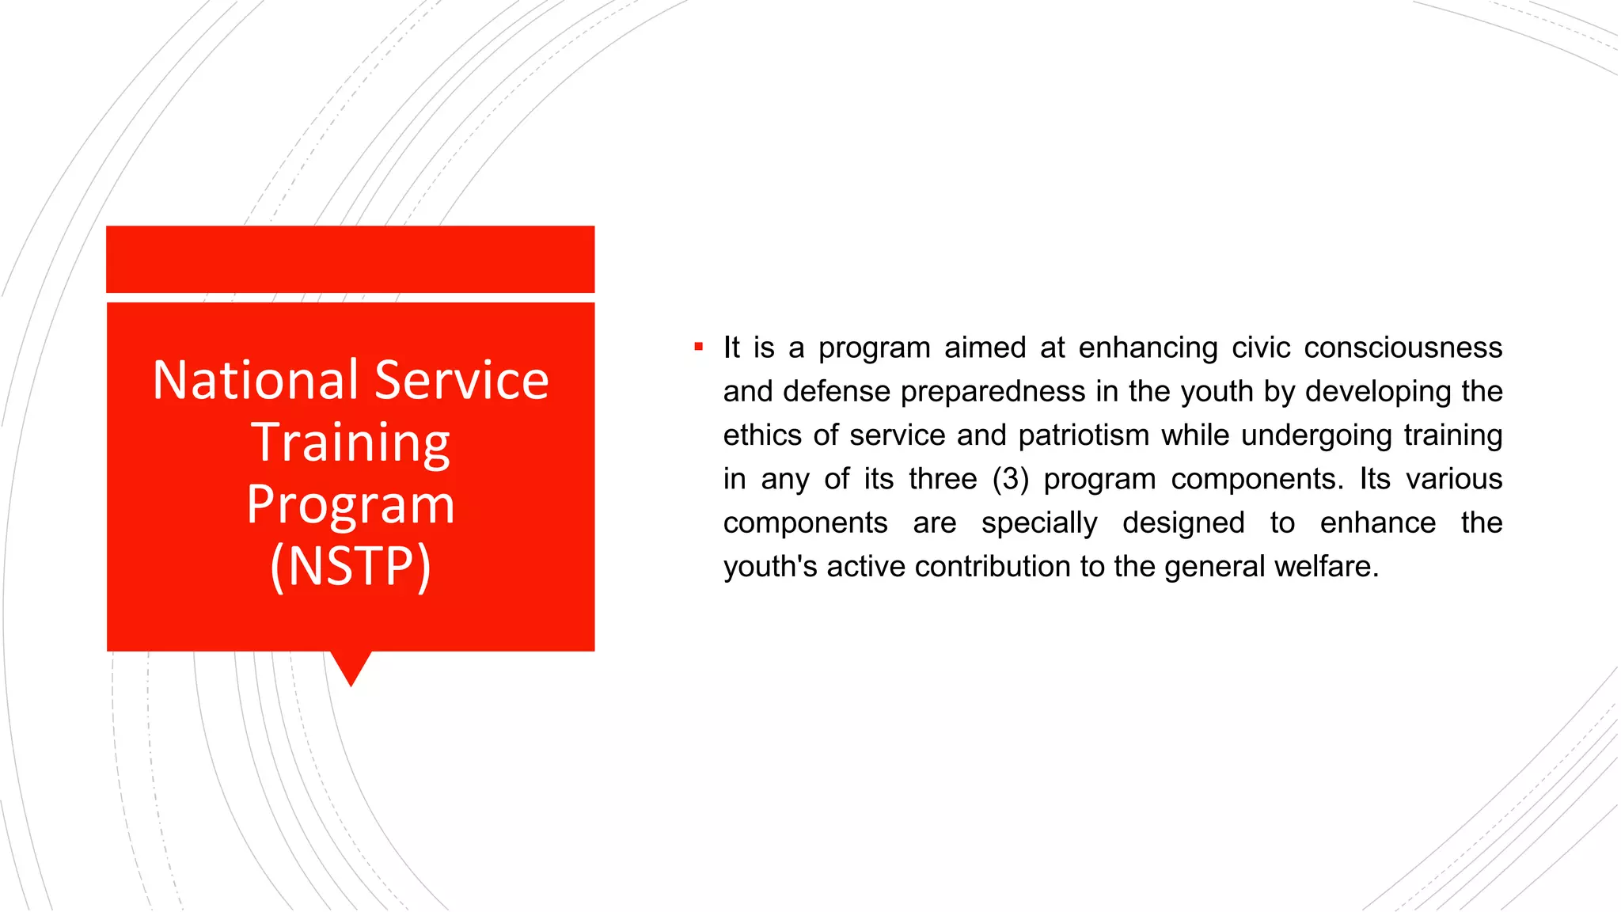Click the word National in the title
click(256, 380)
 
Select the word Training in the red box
click(351, 443)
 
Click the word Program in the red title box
click(351, 505)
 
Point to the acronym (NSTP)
click(351, 566)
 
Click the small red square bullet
click(698, 347)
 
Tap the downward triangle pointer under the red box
click(351, 667)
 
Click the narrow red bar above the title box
click(351, 259)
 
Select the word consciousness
click(1403, 348)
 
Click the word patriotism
click(1084, 435)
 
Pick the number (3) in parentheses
click(1011, 480)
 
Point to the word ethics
click(762, 435)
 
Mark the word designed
click(1183, 523)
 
